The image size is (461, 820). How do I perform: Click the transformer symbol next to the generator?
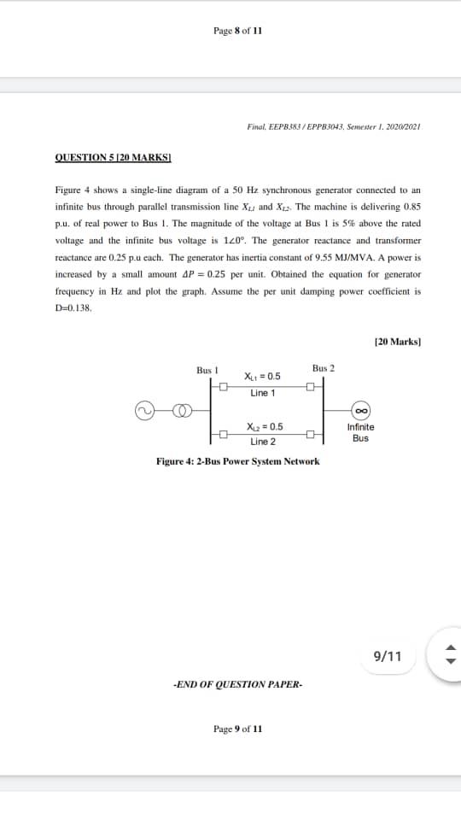[182, 410]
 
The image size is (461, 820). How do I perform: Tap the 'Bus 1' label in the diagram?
[208, 370]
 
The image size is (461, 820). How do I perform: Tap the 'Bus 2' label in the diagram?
[324, 368]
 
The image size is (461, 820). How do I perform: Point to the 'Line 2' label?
[263, 442]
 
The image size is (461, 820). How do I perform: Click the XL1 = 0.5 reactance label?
[263, 377]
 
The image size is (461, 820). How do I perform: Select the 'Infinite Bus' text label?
[360, 432]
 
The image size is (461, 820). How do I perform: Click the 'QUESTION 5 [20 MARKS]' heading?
[114, 157]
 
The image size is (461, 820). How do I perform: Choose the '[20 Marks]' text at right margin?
[398, 342]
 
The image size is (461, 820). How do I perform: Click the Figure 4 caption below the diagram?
[238, 461]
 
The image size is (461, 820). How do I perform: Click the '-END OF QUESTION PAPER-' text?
[238, 684]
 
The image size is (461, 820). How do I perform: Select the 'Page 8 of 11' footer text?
[238, 31]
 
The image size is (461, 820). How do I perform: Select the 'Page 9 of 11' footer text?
[238, 729]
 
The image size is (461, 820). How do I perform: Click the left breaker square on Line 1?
[225, 387]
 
